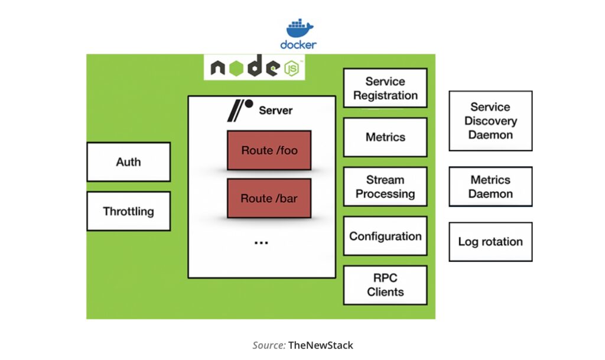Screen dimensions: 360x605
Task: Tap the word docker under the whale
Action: tap(298, 44)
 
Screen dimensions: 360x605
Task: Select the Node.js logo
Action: tap(255, 68)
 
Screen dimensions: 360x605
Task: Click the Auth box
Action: tap(128, 162)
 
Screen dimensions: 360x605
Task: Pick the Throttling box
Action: tap(128, 211)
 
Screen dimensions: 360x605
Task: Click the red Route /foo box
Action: tap(269, 150)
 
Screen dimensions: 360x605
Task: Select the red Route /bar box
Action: tap(269, 198)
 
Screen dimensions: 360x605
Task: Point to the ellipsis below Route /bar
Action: tap(261, 242)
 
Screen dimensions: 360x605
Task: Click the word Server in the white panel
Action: tap(275, 111)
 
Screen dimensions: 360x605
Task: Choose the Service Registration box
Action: tap(385, 88)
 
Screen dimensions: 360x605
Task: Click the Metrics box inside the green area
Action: tap(385, 137)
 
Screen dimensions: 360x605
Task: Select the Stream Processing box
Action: tap(385, 187)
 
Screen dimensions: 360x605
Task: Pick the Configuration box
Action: tap(385, 236)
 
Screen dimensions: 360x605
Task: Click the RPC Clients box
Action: tap(385, 285)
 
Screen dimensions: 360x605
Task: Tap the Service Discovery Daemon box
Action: tap(490, 121)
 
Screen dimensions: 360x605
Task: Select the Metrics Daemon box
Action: tap(490, 187)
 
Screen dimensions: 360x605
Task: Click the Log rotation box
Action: tap(490, 242)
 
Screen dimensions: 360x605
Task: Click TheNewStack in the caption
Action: tap(321, 345)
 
